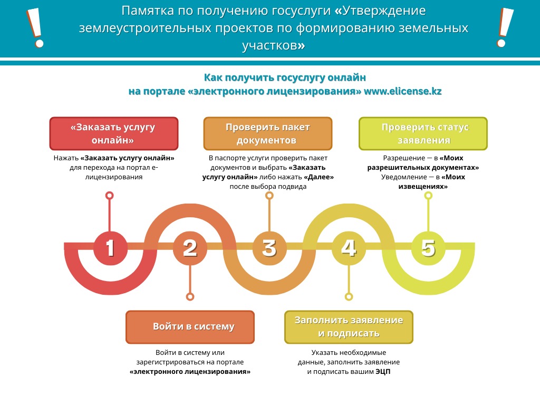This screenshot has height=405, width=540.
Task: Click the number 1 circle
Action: point(110,248)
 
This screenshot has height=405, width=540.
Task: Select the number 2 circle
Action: point(190,248)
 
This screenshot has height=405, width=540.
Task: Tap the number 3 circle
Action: point(269,248)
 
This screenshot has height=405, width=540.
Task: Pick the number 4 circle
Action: point(349,248)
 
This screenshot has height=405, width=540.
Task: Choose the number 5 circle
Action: point(428,248)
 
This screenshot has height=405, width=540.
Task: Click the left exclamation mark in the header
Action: point(35,28)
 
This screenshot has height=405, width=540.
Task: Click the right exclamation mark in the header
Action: point(505,28)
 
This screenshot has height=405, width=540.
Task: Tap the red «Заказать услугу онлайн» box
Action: point(114,133)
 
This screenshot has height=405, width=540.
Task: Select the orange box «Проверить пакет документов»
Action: point(268,133)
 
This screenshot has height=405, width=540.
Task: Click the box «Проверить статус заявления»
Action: point(423,133)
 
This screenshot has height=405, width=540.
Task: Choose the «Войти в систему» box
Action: point(190,327)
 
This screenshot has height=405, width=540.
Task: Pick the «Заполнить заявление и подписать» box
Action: point(349,327)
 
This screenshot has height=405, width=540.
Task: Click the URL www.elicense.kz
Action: point(402,91)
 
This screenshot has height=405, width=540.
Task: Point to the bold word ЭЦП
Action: point(383,372)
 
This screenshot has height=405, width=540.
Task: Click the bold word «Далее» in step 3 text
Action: point(319,177)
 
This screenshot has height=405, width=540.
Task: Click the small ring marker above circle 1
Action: point(110,195)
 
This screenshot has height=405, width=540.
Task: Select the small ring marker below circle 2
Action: point(190,297)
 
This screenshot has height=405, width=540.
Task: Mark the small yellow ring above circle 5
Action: point(428,195)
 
